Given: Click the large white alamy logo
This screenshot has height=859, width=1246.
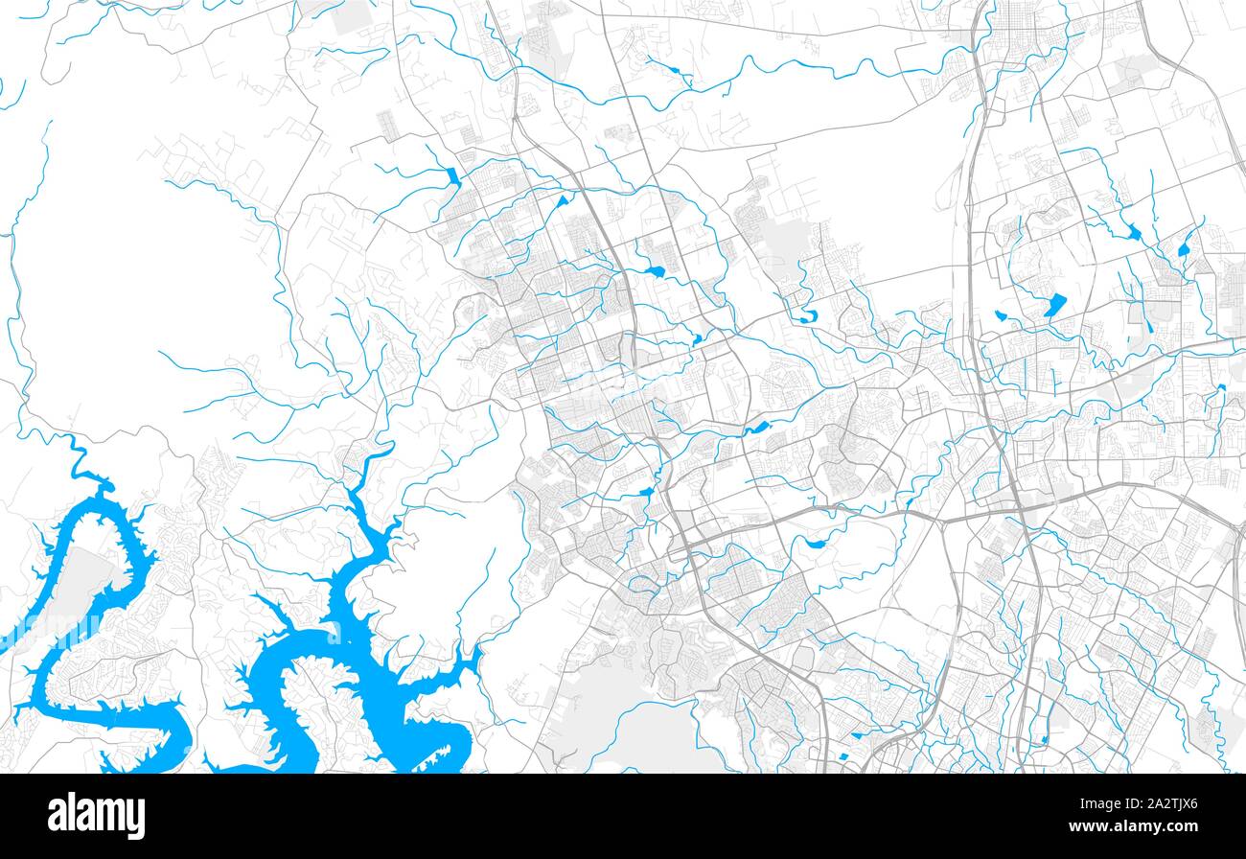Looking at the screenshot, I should (x=96, y=816).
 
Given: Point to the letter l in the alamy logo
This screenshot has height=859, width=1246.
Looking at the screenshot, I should (x=75, y=814).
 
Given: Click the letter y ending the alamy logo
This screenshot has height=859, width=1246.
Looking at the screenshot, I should (x=136, y=820).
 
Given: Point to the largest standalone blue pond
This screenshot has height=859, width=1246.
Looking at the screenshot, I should (x=1055, y=305).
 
